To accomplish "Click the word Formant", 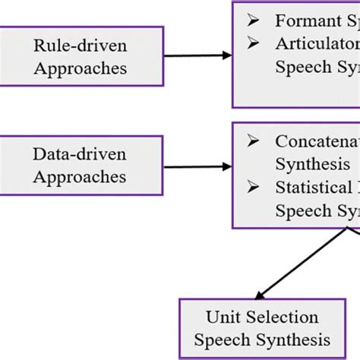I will point(302,19).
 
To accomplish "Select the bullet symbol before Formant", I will point(253,19).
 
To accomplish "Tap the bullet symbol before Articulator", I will point(253,43).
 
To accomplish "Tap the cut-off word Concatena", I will point(317,141).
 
